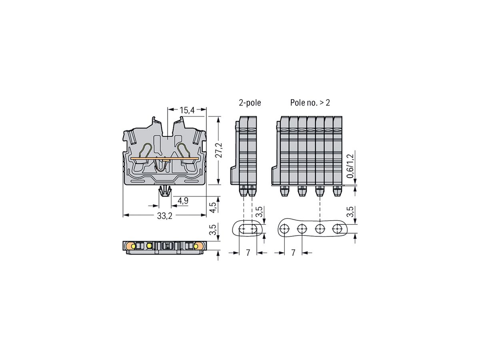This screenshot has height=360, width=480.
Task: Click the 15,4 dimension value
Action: click(x=187, y=110)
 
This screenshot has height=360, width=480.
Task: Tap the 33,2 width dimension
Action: click(x=164, y=216)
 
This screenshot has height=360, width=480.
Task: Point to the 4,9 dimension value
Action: click(x=183, y=201)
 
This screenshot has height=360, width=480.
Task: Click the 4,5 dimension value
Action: click(x=213, y=206)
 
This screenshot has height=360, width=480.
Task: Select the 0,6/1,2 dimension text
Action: click(x=350, y=166)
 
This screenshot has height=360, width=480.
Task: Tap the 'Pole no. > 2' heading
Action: click(x=310, y=103)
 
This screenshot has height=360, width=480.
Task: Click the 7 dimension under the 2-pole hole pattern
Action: click(x=248, y=253)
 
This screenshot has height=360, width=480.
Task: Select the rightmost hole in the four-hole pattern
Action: click(x=337, y=229)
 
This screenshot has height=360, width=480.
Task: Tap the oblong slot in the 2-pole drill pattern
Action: click(x=248, y=229)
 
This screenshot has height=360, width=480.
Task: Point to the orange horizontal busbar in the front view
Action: click(x=164, y=159)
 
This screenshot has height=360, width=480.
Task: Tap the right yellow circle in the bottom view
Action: click(x=196, y=246)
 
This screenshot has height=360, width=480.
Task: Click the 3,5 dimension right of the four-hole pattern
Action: click(x=350, y=212)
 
